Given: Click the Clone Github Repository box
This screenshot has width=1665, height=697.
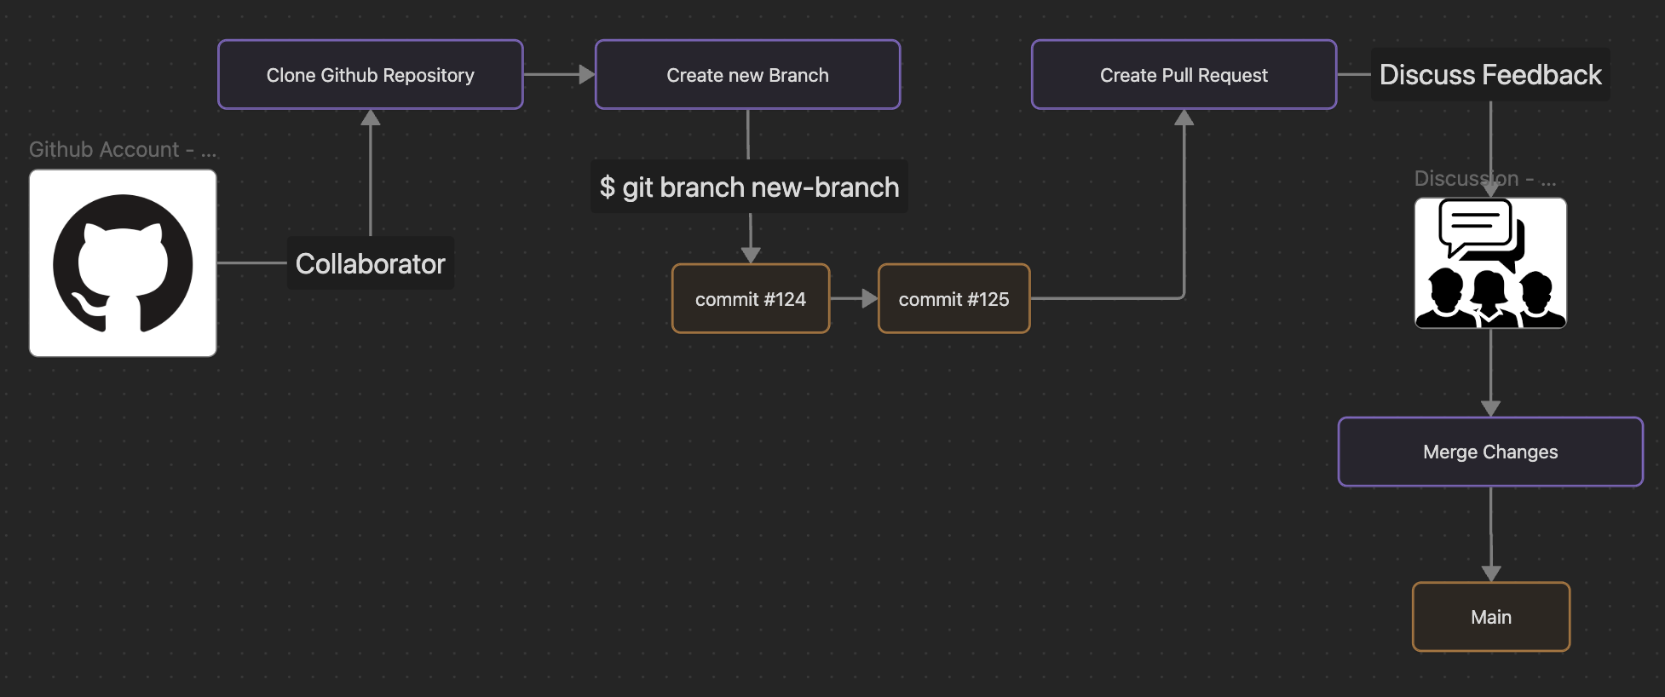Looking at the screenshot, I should [370, 75].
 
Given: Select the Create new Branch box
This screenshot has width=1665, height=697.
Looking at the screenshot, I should [747, 75].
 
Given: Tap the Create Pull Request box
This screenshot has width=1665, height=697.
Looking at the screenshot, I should [1184, 75].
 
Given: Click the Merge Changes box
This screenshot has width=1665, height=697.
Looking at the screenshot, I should [1490, 452].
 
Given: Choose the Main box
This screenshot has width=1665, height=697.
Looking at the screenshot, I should [1490, 617].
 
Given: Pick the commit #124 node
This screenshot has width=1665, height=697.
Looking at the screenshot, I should [750, 299].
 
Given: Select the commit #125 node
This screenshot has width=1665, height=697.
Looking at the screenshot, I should [953, 299].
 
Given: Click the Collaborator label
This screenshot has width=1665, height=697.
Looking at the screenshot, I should [370, 264].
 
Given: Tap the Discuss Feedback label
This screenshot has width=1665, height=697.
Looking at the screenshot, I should [1490, 75].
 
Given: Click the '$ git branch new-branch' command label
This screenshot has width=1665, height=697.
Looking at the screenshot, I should [749, 187].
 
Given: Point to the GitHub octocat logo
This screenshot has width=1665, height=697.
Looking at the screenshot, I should [123, 263].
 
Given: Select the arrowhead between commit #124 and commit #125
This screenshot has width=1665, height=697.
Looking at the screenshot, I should [869, 299].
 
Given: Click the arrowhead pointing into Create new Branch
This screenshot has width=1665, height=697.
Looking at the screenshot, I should [586, 75].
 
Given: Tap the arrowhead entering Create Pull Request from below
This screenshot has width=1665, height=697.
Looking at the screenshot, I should [1184, 118].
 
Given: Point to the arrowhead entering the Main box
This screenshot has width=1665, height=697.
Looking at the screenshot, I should [1490, 573].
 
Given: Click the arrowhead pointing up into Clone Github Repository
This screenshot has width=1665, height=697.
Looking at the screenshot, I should [370, 118].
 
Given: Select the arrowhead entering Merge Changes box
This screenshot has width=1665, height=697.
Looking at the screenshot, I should [1490, 408].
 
